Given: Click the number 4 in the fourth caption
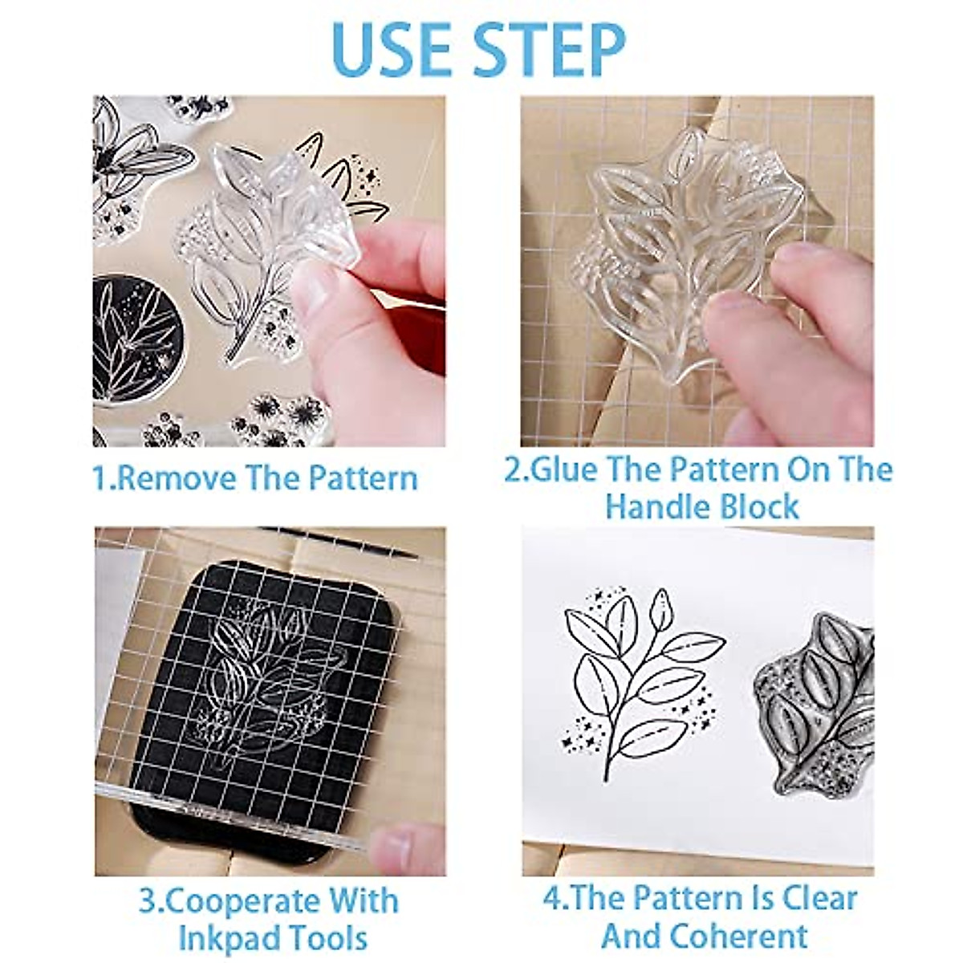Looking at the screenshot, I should coord(552,899).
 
